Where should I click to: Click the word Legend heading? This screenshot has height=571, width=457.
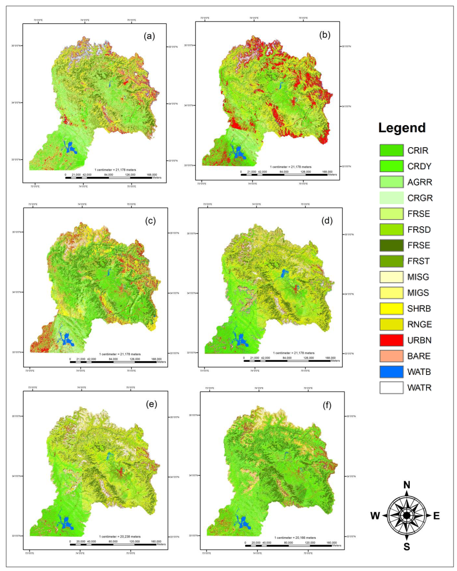point(402,128)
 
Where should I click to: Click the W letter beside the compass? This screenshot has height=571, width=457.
point(375,516)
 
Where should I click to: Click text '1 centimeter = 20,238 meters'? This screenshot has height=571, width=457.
point(120,537)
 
